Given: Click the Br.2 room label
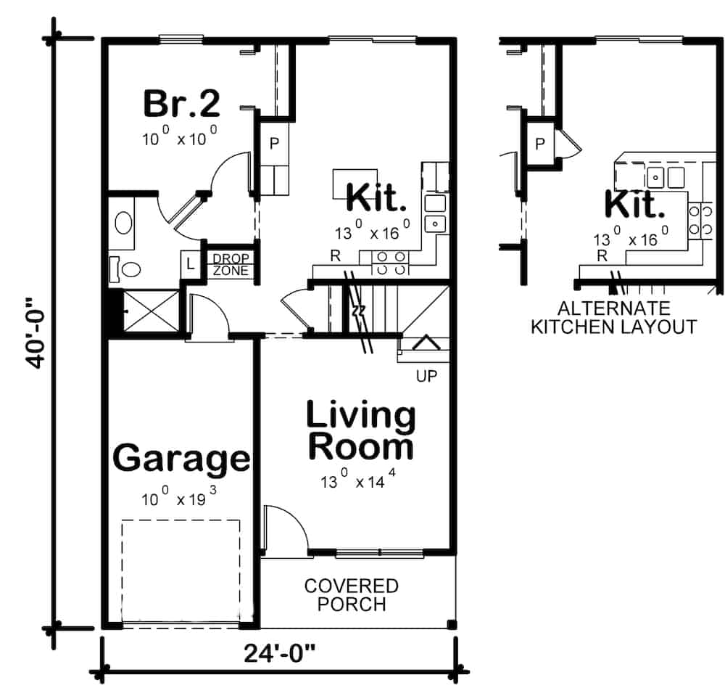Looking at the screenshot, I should [x=181, y=103].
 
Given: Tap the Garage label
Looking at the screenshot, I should [x=182, y=459].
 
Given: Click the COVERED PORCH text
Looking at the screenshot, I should [x=351, y=594].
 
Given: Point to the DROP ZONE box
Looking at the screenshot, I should [x=231, y=265].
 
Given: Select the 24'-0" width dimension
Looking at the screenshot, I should [x=280, y=654].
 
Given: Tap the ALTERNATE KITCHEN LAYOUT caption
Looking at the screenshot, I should [x=613, y=317].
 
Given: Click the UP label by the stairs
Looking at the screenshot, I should [x=426, y=376].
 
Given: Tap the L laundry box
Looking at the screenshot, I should [x=191, y=264].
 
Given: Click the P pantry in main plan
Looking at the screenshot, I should [x=275, y=144].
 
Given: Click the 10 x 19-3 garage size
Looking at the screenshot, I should [x=180, y=498].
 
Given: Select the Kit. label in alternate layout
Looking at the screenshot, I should [x=634, y=205].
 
